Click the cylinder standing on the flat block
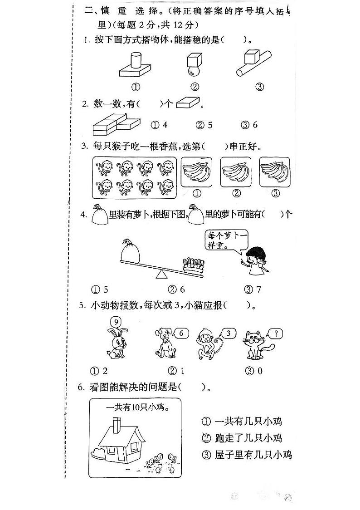tap(135, 61)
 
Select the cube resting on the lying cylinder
tap(250, 58)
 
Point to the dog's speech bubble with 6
tap(180, 333)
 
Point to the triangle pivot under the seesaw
tap(161, 274)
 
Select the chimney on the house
tap(117, 425)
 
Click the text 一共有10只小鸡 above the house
tap(135, 407)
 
